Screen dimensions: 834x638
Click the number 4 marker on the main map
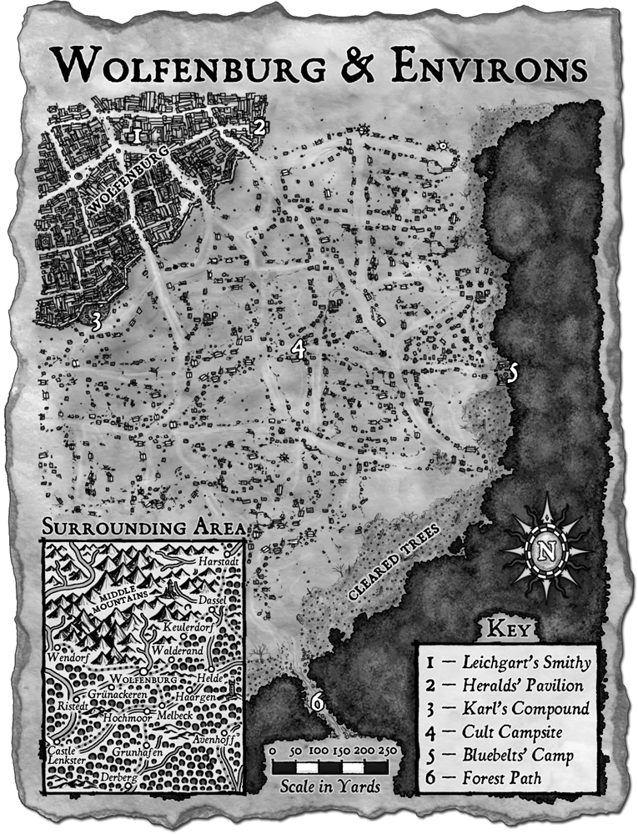pos(297,351)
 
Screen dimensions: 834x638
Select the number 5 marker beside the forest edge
pos(513,373)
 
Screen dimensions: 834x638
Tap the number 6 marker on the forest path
pos(317,702)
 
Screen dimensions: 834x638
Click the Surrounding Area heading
pos(143,528)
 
